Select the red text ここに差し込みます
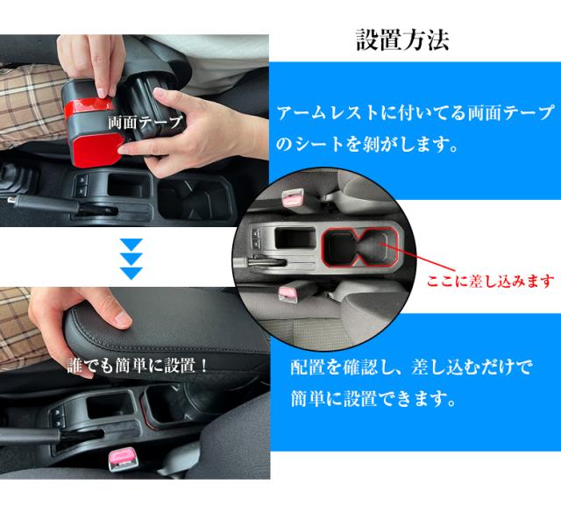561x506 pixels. point(490,281)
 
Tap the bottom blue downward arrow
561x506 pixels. point(131,272)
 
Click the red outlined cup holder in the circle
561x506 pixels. point(359,247)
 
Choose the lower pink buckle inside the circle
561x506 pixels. point(287,294)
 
